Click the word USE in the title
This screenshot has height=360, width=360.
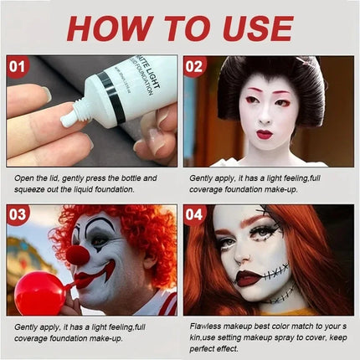click(x=257, y=28)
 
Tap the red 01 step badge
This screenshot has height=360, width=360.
click(x=17, y=67)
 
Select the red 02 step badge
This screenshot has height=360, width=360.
click(x=194, y=67)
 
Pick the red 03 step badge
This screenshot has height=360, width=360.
click(x=18, y=214)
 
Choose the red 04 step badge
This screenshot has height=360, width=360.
click(x=194, y=214)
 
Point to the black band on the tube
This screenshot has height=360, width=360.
click(x=114, y=97)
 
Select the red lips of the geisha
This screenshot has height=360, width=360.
click(x=265, y=135)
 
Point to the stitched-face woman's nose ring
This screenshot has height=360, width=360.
click(x=238, y=261)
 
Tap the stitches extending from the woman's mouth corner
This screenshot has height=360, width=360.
click(x=276, y=272)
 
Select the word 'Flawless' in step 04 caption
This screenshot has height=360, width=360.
click(x=205, y=326)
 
